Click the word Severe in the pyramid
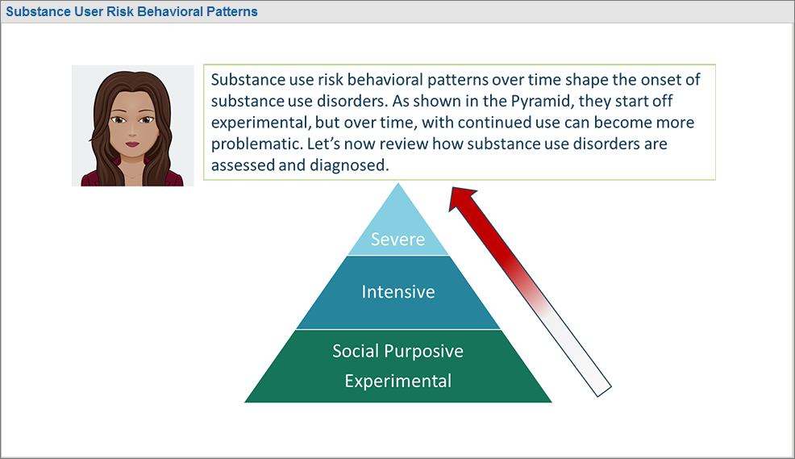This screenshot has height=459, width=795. [x=398, y=239]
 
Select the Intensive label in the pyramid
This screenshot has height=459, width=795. [x=398, y=292]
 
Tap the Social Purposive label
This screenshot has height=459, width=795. [x=398, y=351]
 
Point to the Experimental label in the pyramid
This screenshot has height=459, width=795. [x=398, y=381]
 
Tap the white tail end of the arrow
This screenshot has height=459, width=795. [x=605, y=391]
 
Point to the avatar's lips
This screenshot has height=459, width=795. [x=132, y=144]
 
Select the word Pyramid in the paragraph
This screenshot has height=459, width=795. [x=540, y=101]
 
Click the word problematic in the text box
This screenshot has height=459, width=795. [x=256, y=144]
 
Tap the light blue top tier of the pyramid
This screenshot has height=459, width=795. [x=398, y=223]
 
